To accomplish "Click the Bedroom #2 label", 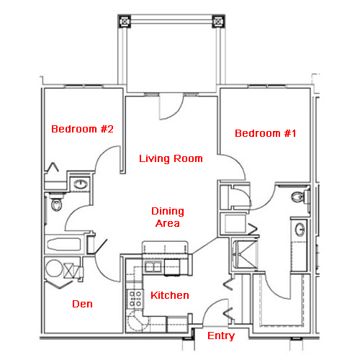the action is pos(82,129).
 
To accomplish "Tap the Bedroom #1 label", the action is pos(266,133).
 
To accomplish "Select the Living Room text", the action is pos(171,158).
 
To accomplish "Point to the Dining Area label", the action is pos(168,217).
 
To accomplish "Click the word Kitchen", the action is pos(170,295).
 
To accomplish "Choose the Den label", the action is pos(82,304).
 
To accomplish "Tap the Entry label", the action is pos(221,336).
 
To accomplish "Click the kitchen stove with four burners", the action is pos(135,299).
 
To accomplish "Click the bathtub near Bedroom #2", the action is pos(64,245).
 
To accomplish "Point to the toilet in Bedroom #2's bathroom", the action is pos(56,203).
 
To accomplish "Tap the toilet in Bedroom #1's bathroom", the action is pos(300,197).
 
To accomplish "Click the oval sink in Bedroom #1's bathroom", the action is pos(300,230).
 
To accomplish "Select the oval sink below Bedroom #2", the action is pos(81,184).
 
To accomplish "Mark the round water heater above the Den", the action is pos(54,269).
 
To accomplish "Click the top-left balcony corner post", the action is pos(125,22).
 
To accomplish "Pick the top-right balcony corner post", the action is pos(218,22).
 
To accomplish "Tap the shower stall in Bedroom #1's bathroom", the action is pos(245,255).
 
